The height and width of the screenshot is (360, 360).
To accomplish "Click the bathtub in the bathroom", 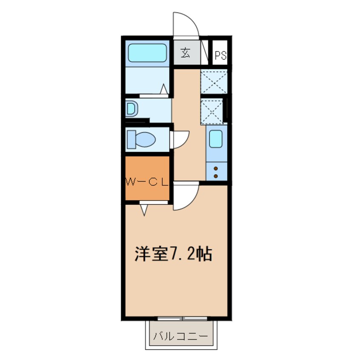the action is tap(147, 53).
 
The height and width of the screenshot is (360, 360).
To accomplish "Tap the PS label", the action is tap(220, 55).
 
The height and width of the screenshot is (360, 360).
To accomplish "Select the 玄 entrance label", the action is tap(186, 53).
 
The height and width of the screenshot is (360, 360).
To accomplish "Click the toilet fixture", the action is tap(141, 139).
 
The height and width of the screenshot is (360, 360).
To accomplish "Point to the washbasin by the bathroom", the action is tap(131, 109).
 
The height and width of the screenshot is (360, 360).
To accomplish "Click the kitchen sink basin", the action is tap(216, 139).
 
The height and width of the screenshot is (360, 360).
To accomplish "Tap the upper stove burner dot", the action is tap(216, 169).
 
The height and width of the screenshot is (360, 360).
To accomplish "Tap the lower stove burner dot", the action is tap(216, 176).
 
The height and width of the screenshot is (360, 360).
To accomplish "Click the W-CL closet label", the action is tap(146, 183).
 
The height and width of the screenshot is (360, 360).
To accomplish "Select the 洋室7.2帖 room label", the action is tap(173, 254).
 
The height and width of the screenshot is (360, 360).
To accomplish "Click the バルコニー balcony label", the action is tap(180, 337).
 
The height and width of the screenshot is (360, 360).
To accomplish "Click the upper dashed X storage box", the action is tap(214, 82).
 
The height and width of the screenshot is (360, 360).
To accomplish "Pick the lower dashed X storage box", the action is tap(211, 111).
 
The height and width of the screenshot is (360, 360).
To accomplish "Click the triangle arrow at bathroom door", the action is tap(164, 89).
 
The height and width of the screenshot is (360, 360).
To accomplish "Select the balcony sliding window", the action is tap(182, 318).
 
